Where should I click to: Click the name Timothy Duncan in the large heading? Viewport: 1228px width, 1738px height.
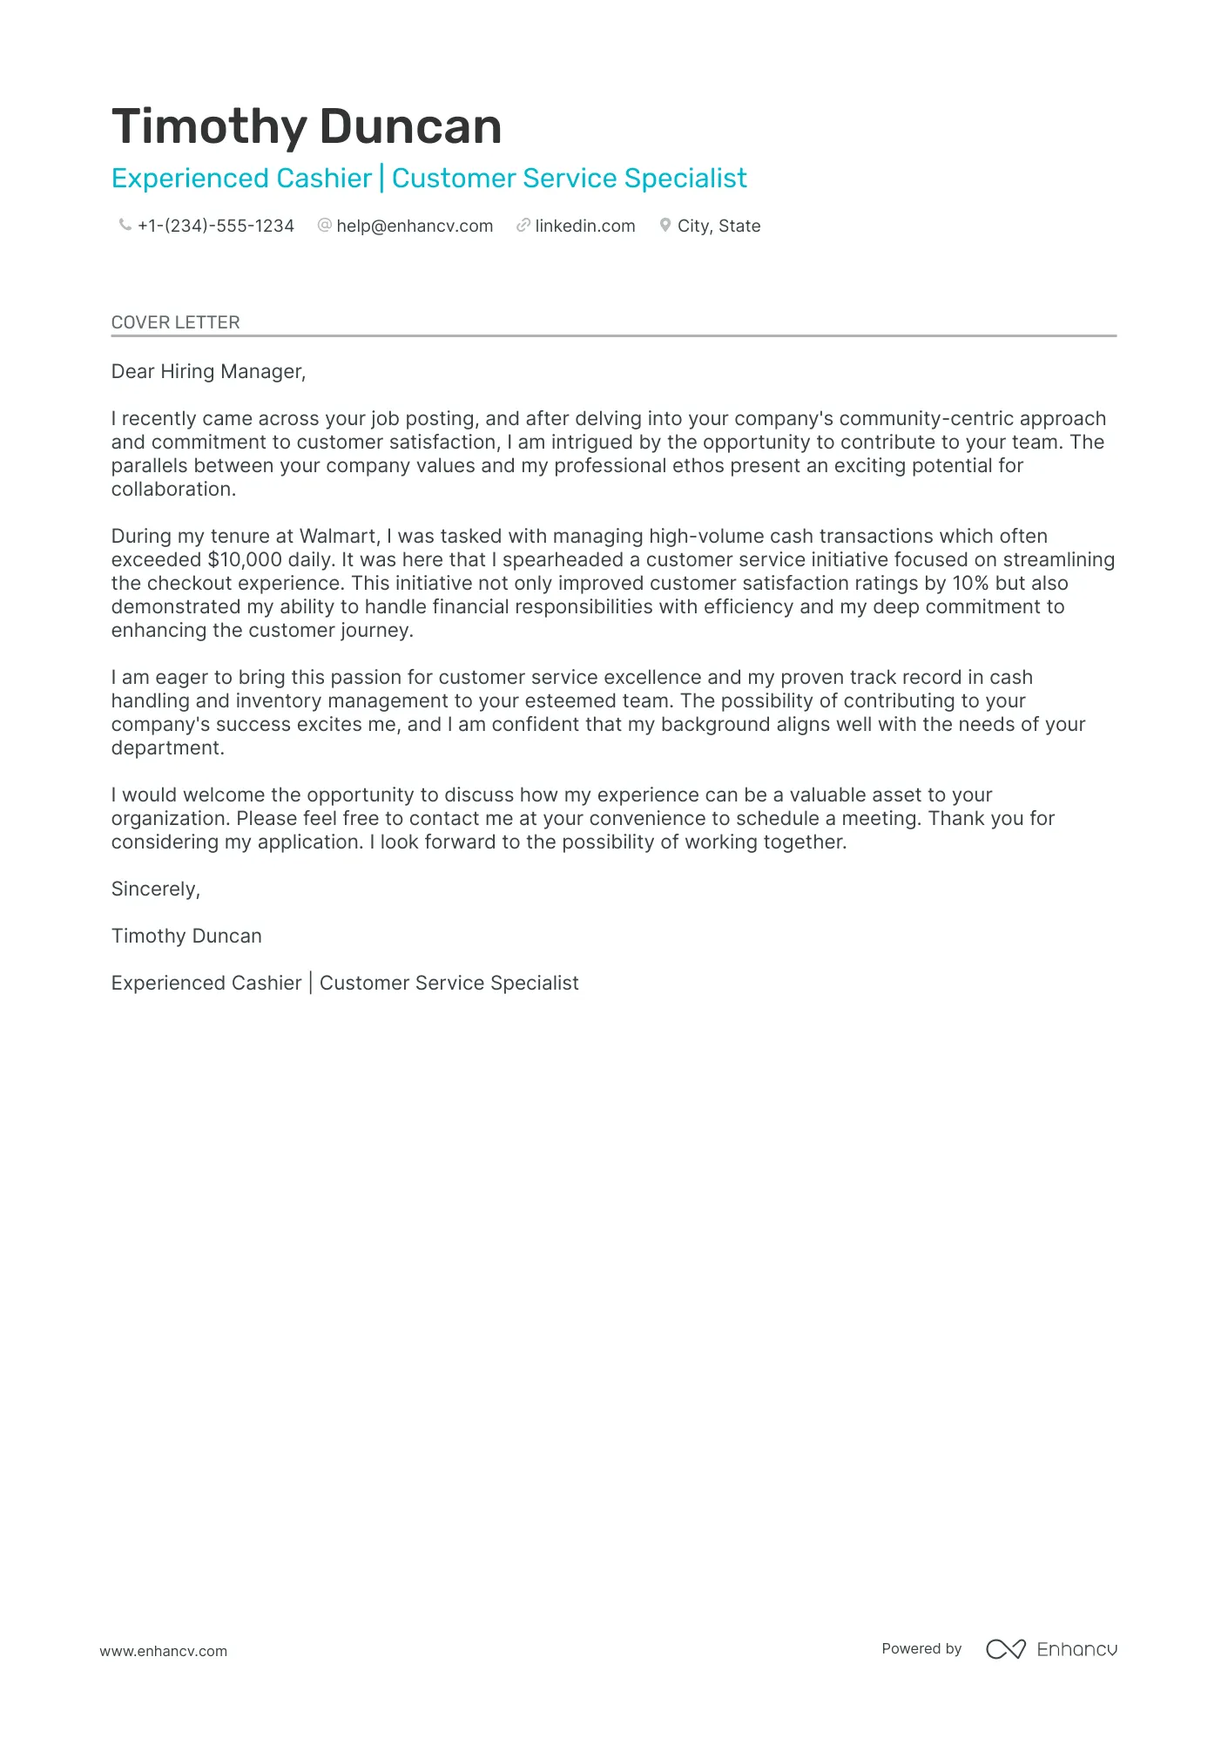[307, 127]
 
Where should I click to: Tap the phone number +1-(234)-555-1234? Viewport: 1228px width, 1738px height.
[216, 227]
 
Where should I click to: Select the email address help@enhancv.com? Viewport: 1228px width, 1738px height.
[415, 227]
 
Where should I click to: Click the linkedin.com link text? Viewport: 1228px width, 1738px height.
[585, 227]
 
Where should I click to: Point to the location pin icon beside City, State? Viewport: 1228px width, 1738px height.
[665, 226]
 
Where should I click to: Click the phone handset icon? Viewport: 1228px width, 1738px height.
[125, 226]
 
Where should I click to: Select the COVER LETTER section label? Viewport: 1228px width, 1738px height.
[175, 322]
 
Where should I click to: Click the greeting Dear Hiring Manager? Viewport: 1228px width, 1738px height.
[208, 372]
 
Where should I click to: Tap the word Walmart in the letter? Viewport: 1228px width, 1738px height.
[340, 537]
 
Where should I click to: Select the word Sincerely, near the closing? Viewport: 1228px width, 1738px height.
[155, 889]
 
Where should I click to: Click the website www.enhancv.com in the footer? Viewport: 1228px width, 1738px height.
[163, 1651]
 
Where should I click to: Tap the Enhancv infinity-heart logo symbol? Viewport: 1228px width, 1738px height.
[1005, 1649]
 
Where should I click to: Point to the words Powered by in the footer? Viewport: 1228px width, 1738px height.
[921, 1649]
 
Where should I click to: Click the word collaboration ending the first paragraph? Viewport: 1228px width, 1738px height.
[173, 490]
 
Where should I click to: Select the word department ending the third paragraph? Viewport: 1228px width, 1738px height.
[167, 748]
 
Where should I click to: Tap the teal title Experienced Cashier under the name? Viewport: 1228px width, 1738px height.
[241, 179]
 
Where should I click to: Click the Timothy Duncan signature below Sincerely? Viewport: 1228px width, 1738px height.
[186, 937]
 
